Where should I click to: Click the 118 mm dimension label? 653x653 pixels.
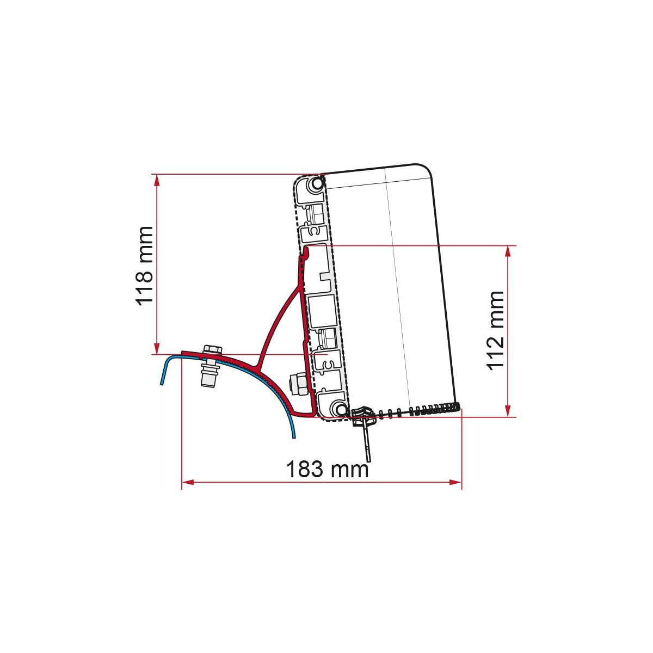[144, 266]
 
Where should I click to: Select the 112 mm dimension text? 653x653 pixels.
[495, 331]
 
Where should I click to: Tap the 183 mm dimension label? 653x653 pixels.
[328, 469]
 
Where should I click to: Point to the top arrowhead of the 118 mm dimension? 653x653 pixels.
[157, 181]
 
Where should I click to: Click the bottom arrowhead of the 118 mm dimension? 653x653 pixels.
[157, 348]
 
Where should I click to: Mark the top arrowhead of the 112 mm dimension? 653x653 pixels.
[508, 252]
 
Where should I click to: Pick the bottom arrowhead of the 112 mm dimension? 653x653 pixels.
[508, 410]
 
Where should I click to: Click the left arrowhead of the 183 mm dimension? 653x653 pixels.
[188, 482]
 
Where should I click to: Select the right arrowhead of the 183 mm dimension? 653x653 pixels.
[455, 482]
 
